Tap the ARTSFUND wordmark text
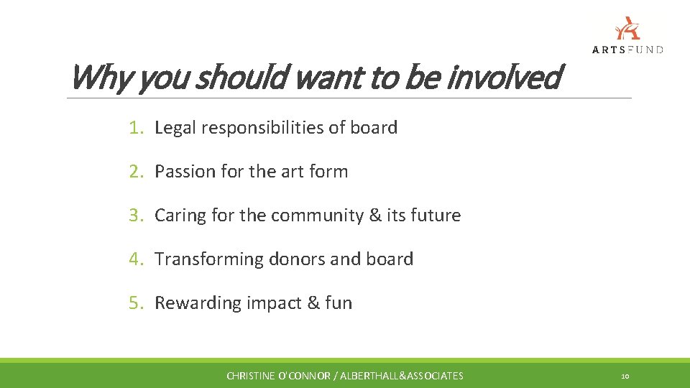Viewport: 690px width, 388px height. point(627,50)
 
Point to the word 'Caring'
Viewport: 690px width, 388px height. point(180,216)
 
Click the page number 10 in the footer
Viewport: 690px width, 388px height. point(625,376)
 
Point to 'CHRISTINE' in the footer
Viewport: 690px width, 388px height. point(251,376)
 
